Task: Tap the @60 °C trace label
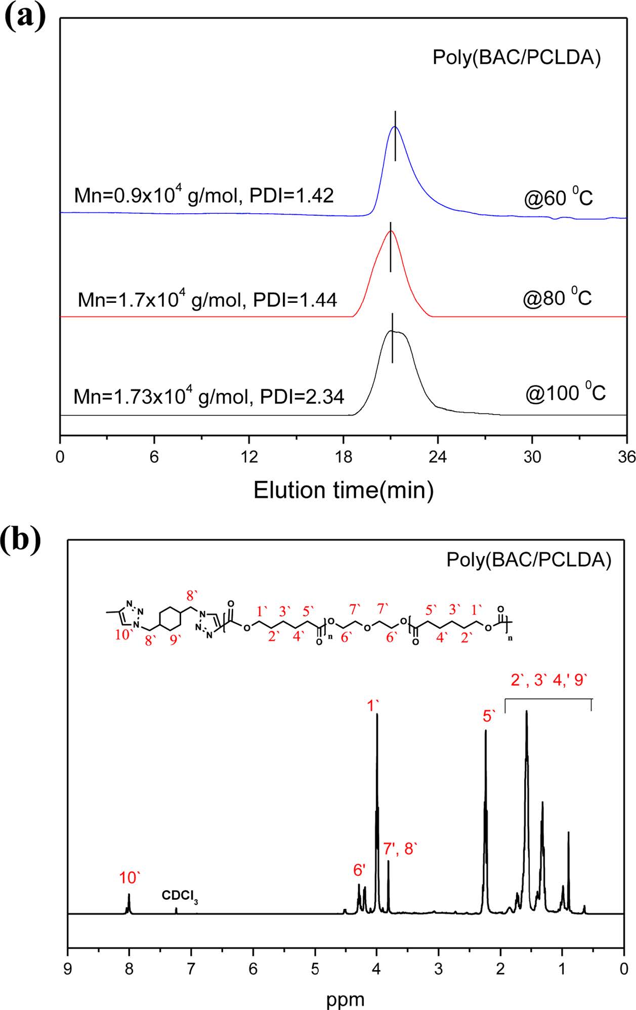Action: [x=558, y=197]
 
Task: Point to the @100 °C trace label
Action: [x=565, y=393]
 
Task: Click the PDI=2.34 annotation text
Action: [x=302, y=397]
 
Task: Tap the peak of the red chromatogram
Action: [x=390, y=231]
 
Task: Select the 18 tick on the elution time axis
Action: [x=344, y=457]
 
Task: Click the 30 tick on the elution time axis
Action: [x=532, y=457]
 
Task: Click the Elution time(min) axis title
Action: [x=344, y=490]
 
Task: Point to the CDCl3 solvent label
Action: [x=180, y=895]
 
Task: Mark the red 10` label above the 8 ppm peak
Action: [x=129, y=878]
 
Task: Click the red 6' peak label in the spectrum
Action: [x=359, y=869]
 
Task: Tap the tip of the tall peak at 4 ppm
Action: [x=377, y=714]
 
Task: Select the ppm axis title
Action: [x=345, y=999]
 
